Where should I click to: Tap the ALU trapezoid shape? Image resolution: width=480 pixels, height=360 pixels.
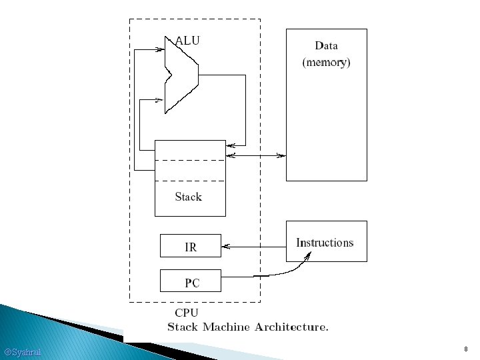[180, 74]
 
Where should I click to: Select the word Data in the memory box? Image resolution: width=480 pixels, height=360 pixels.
[326, 46]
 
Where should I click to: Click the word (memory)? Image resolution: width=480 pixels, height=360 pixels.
[326, 63]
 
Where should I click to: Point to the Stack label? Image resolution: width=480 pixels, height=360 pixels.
[188, 197]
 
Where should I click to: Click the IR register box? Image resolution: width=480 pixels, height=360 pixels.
[190, 246]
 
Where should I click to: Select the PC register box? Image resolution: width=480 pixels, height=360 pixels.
[190, 281]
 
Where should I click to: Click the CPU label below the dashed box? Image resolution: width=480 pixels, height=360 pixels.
[186, 312]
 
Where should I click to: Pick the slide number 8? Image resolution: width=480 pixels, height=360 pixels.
[466, 349]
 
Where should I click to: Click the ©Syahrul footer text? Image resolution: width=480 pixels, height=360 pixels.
[22, 351]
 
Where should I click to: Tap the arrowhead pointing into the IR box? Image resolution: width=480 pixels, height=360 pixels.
[225, 247]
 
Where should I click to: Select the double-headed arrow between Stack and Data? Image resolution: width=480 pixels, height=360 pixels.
[256, 156]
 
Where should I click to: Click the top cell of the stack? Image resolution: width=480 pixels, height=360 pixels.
[190, 150]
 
